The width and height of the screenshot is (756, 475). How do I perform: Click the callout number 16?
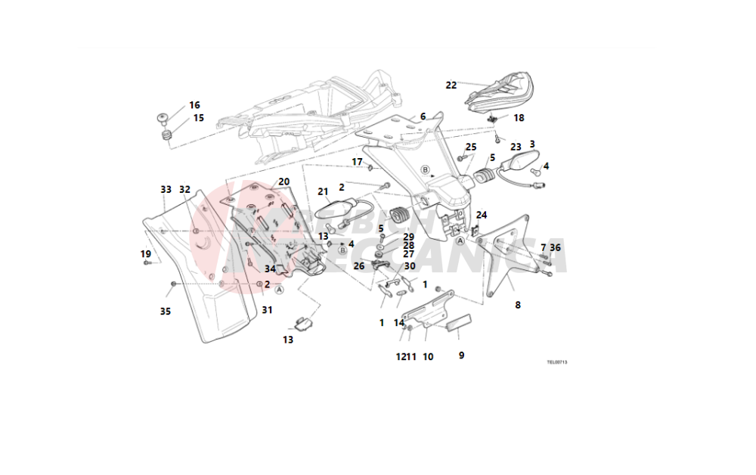point(194,105)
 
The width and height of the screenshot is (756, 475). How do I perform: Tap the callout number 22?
point(451,85)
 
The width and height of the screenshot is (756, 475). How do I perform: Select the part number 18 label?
point(519,118)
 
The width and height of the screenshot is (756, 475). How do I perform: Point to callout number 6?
point(423,116)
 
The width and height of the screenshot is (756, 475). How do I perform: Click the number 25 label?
point(471,147)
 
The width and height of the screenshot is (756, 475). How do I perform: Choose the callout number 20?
point(283,182)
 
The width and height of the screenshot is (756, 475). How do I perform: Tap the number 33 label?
point(166,189)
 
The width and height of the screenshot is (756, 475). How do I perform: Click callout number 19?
point(146,253)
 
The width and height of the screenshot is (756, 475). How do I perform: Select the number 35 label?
point(166,310)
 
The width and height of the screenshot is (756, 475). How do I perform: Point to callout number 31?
point(267,309)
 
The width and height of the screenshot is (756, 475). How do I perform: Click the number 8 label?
point(518,306)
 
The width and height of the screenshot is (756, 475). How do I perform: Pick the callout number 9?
point(461,355)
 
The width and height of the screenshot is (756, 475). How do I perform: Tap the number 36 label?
point(556,247)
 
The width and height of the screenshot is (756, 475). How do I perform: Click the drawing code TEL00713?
point(557,362)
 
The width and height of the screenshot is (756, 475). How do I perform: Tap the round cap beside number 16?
point(164,117)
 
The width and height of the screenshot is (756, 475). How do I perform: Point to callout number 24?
point(482,215)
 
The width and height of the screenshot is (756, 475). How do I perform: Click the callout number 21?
point(323,191)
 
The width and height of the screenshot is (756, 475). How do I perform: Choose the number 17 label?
point(357,162)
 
